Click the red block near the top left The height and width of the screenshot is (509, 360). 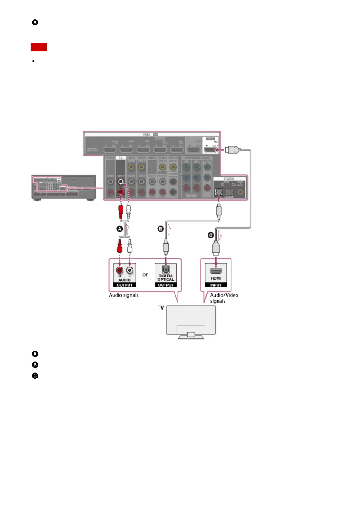[x=38, y=47]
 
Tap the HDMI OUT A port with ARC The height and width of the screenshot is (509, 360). [x=211, y=150]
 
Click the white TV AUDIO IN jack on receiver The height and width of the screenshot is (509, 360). [x=121, y=181]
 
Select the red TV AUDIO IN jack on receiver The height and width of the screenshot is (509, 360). [x=121, y=192]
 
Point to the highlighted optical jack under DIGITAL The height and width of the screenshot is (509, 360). [x=218, y=192]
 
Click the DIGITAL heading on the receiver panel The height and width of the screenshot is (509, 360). [x=229, y=179]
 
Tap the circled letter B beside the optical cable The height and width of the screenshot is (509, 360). [x=161, y=229]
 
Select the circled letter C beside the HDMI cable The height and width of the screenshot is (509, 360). [x=211, y=235]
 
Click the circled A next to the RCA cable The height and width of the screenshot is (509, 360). [x=120, y=229]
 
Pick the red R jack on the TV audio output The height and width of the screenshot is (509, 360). [x=120, y=270]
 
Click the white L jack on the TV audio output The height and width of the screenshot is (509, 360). [x=130, y=270]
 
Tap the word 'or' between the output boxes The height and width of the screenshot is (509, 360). [x=145, y=275]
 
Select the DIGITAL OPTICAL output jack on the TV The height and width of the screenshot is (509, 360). [x=166, y=269]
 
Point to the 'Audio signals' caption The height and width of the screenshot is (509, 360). [x=123, y=295]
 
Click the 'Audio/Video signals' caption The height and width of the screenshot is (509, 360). [x=224, y=298]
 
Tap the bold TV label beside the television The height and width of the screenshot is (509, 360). [x=161, y=308]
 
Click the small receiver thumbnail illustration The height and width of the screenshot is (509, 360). [x=64, y=187]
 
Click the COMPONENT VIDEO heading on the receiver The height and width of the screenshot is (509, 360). [x=197, y=158]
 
